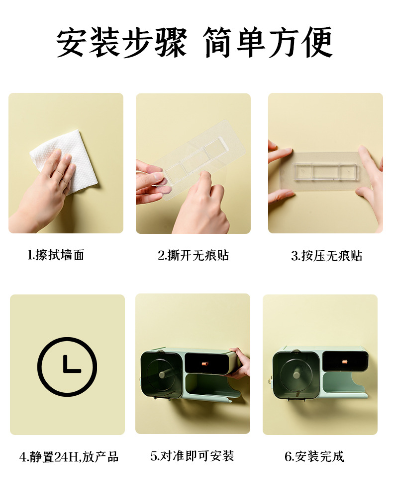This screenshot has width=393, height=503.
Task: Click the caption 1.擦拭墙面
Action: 56,255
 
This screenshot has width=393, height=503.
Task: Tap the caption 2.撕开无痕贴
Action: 193,255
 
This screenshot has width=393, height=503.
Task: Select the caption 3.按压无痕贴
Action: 326,256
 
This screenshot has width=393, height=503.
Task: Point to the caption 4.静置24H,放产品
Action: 69,457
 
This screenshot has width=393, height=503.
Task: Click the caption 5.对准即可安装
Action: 192,456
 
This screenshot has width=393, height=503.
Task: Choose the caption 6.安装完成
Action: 314,456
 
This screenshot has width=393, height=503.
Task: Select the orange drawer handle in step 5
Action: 205,364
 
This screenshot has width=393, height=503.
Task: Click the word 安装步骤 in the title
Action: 121,43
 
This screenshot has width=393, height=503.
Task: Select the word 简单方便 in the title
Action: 268,43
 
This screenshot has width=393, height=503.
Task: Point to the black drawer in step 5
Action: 208,363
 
